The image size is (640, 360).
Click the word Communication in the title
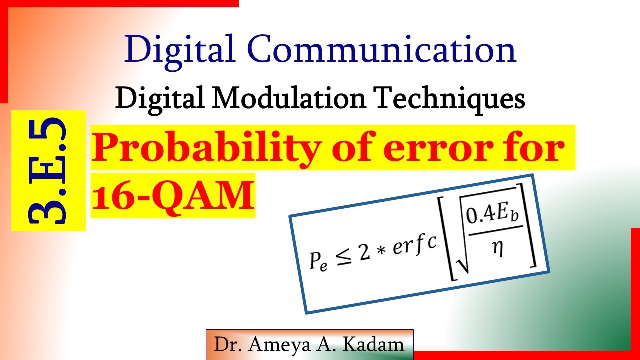381,50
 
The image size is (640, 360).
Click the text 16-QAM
173,195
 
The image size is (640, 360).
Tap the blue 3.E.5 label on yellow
48,170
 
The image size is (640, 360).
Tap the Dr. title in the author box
226,345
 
